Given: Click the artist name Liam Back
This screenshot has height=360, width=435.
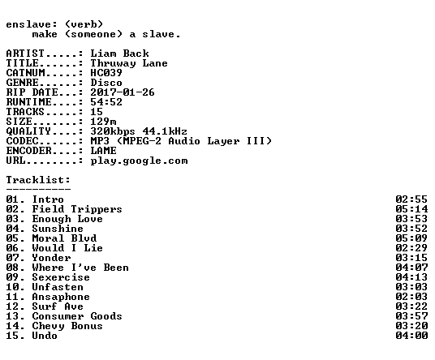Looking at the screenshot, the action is (119, 54).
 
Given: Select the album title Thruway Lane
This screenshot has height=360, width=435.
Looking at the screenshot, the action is (129, 63).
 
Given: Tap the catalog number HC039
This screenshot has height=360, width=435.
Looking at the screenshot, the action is (106, 73).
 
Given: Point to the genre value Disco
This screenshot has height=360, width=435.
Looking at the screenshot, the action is (106, 83).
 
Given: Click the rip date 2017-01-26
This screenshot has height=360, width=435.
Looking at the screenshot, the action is (123, 92).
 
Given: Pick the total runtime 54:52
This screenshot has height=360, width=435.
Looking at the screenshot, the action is (106, 102).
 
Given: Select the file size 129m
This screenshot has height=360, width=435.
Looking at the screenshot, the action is (104, 122).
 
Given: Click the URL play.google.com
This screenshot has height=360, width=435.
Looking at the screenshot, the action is (140, 161).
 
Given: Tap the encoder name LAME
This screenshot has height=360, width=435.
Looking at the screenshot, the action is (104, 151).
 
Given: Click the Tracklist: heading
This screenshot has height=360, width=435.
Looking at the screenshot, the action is (38, 180).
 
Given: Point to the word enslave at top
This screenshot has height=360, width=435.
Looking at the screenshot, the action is (28, 24).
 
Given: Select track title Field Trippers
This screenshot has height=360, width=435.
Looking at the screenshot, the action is (77, 209).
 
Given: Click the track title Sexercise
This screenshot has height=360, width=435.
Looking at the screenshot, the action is (61, 277).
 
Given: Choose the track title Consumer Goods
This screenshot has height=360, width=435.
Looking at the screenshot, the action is (77, 316).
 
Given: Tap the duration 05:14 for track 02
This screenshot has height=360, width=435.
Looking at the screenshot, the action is (411, 209).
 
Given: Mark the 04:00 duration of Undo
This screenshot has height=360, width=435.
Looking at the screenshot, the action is (411, 336).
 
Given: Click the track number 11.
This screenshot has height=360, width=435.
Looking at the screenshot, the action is (12, 297).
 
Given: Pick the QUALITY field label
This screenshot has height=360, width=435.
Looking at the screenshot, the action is (28, 131).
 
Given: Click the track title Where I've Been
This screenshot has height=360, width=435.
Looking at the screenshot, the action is (80, 268).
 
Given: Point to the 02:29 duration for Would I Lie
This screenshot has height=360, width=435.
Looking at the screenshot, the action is (411, 248).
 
